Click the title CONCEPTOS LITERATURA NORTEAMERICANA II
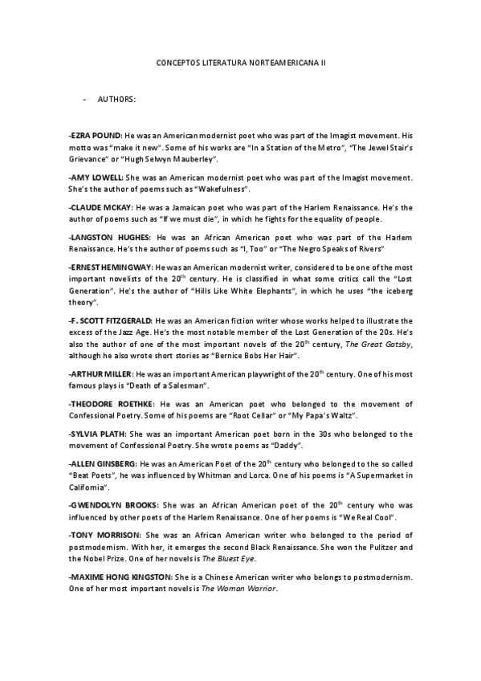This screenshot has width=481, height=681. point(240,61)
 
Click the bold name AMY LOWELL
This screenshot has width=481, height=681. point(96,176)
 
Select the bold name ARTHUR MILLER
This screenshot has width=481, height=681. point(101,374)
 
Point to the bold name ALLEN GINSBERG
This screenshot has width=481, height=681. point(104,464)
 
